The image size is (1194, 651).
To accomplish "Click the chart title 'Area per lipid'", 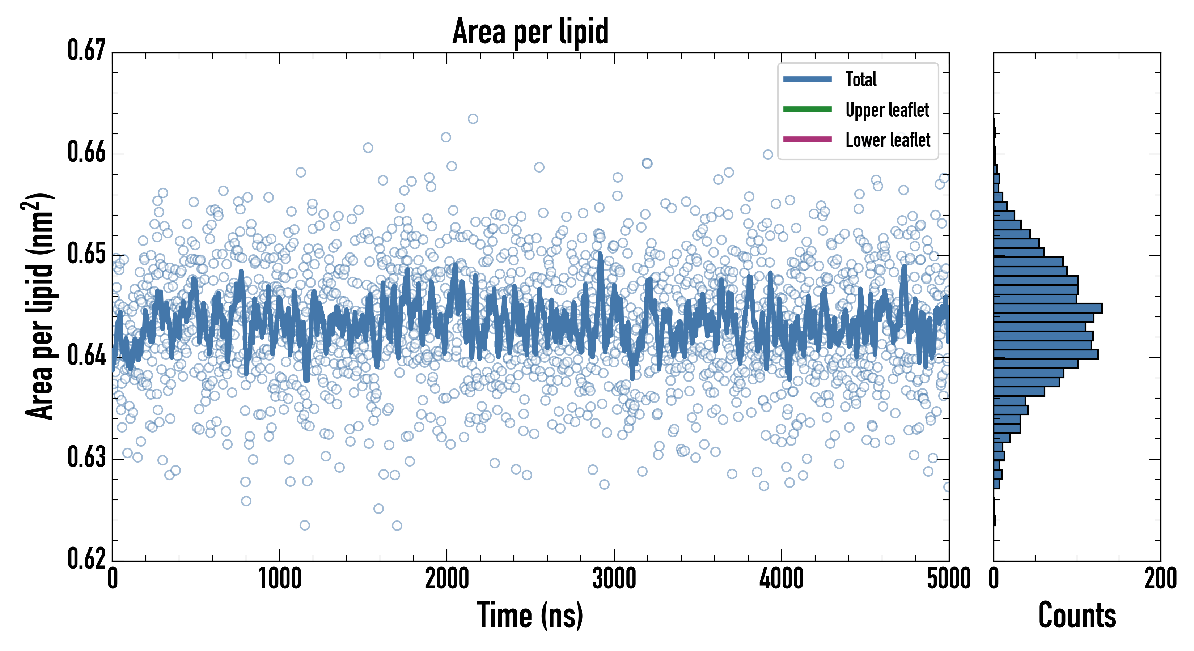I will click(530, 31).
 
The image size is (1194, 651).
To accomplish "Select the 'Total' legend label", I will click(861, 79).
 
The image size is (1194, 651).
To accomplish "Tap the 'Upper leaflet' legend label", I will click(887, 110).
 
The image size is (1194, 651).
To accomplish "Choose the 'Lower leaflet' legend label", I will click(888, 140).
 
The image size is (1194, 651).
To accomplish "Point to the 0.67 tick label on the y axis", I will click(87, 51).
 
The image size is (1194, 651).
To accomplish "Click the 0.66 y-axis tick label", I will click(87, 152).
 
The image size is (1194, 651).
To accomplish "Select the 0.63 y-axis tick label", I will click(87, 457).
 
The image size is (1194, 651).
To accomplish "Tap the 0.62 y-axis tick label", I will click(87, 558).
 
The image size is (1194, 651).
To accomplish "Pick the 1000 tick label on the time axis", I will click(279, 579).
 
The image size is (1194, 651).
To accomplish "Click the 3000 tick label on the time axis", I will click(614, 579).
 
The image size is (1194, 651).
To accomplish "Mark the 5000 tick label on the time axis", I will click(948, 579).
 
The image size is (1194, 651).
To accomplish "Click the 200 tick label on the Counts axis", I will click(1160, 579).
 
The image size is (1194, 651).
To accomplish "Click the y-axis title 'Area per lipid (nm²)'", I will click(39, 306).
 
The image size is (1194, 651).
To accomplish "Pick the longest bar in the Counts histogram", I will click(1047, 308).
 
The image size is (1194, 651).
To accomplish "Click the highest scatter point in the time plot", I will click(473, 119).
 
